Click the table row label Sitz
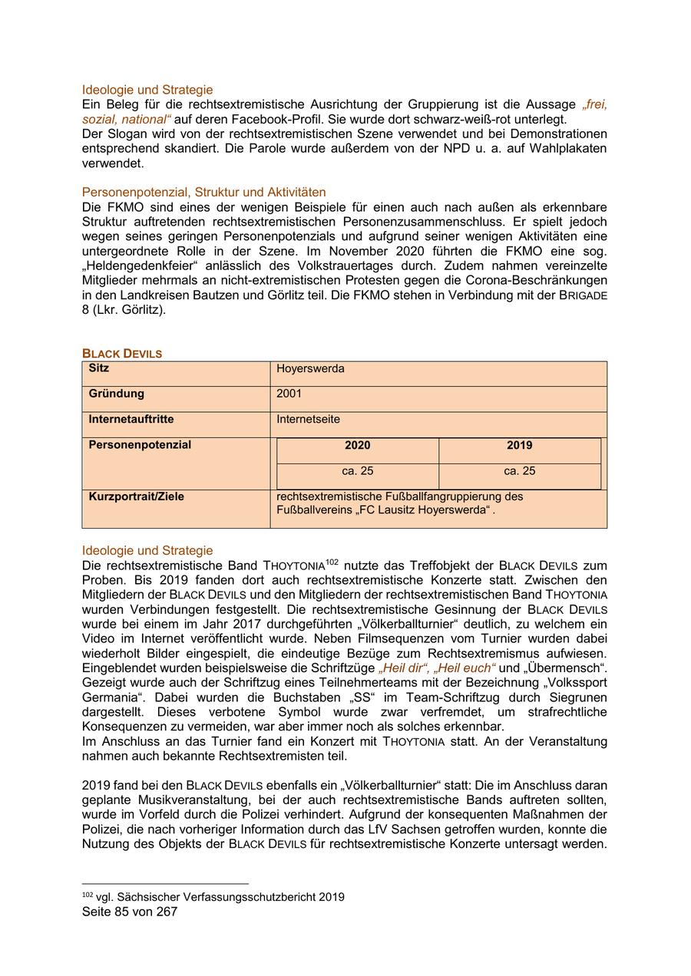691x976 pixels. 99,369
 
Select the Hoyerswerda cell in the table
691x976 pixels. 310,369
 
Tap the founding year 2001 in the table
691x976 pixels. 289,394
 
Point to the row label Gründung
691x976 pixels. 116,394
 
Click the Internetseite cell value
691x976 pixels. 308,420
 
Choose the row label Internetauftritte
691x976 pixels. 131,420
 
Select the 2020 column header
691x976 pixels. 357,446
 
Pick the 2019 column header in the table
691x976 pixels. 520,446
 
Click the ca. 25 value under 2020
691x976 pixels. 357,471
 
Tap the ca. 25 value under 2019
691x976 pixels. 520,471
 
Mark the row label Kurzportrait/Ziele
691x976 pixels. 136,497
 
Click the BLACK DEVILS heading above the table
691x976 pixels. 122,354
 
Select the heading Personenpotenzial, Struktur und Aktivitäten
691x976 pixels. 203,193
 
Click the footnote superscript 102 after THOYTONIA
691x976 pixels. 332,562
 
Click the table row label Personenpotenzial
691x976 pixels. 140,446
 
